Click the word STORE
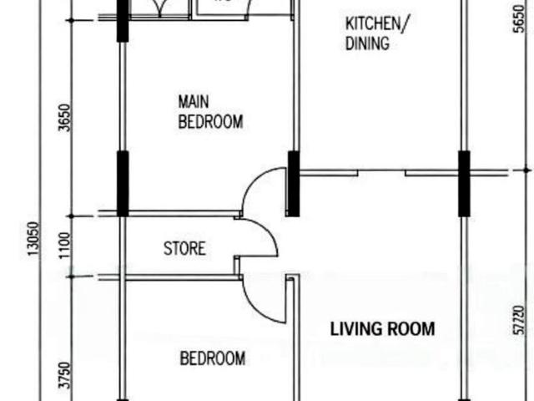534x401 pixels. (x=184, y=248)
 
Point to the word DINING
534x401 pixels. (x=367, y=44)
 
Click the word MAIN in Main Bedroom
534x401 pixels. (x=194, y=102)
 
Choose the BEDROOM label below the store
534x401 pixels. (x=213, y=359)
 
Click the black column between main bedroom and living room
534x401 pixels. (x=294, y=184)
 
